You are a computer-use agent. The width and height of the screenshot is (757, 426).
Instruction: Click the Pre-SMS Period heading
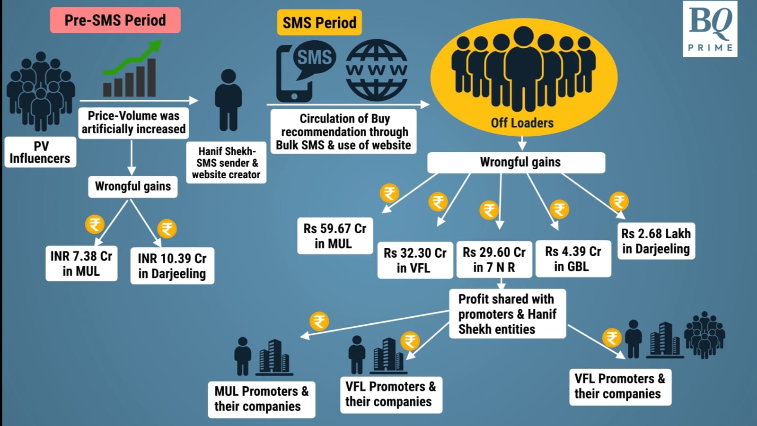115,20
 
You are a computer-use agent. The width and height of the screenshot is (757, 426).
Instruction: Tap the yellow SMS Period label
319,22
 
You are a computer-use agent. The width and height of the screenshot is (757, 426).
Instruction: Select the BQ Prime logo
710,29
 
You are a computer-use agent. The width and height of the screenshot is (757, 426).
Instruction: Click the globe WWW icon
376,70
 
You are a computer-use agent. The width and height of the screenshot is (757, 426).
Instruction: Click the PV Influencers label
40,152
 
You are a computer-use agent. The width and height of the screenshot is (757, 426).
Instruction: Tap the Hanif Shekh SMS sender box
226,163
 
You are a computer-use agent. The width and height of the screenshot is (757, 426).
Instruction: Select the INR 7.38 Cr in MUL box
81,263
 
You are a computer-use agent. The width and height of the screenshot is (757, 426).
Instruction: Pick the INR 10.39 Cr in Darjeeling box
172,266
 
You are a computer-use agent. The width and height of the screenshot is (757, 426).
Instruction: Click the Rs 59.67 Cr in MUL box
334,236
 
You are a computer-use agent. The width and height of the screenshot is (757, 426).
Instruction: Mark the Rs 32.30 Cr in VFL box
415,260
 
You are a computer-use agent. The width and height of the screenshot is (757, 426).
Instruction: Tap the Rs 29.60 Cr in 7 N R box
494,260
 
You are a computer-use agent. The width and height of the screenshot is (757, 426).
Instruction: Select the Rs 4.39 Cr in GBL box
573,259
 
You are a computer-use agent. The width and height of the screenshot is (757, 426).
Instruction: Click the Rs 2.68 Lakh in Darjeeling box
656,241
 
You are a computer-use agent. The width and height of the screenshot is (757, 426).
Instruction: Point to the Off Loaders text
522,123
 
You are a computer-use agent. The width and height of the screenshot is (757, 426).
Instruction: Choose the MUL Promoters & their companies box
261,399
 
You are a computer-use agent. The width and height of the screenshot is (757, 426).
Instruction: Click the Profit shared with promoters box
507,314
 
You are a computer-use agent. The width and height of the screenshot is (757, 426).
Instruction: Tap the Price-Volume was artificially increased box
133,122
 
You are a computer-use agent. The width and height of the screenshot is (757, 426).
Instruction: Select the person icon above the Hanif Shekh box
229,100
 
